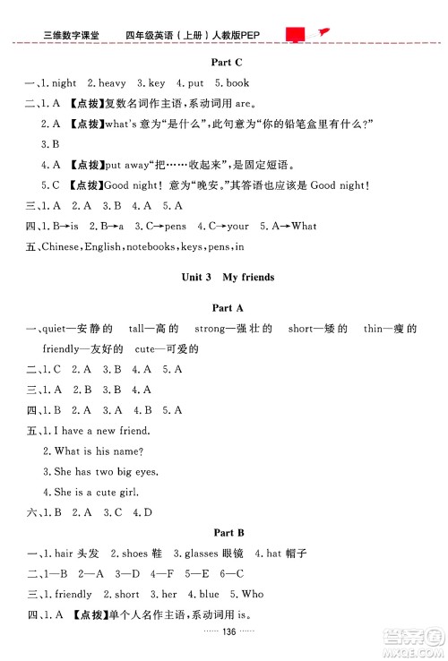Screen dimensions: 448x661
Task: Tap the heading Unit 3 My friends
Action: pos(224,278)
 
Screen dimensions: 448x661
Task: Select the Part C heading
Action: pos(224,62)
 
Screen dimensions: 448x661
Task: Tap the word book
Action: pos(237,83)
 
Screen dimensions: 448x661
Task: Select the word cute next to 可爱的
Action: pos(151,349)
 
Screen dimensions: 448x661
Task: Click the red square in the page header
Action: pos(295,34)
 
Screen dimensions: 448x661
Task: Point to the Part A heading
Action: pos(224,308)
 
